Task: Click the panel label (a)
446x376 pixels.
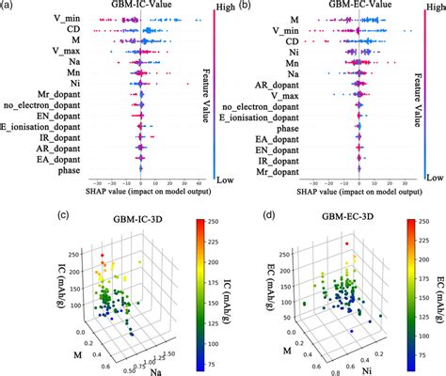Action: (x=8, y=7)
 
